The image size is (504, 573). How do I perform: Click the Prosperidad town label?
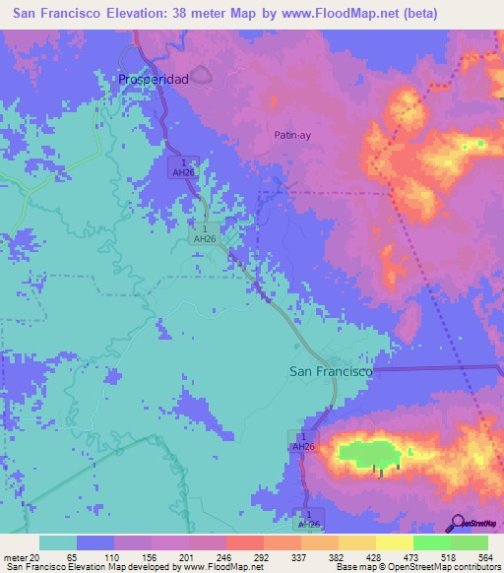[x=153, y=79]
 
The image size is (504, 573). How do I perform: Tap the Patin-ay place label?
[x=292, y=136]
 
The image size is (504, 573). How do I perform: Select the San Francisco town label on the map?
[x=331, y=372]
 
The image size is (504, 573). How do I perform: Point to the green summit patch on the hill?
[x=368, y=454]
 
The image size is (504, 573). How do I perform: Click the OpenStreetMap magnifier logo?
[x=457, y=522]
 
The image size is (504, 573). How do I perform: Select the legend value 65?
[x=72, y=557]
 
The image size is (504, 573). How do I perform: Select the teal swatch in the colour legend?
[x=57, y=542]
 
